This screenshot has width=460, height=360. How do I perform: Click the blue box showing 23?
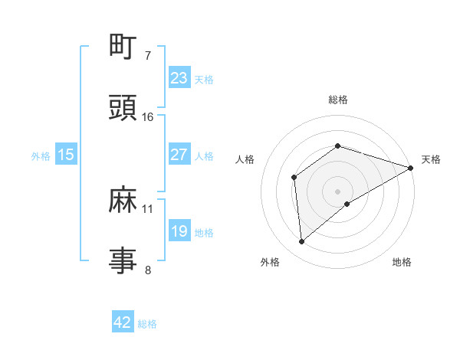179,77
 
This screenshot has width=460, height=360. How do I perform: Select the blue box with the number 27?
179,155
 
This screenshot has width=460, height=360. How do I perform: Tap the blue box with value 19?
179,231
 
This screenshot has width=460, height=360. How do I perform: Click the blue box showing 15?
66,155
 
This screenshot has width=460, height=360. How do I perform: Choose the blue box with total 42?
123,322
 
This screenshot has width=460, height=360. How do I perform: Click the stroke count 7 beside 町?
148,56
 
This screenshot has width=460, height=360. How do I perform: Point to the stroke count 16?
148,117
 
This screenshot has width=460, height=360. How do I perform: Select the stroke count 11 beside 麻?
148,208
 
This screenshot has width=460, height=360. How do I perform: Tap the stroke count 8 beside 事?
148,270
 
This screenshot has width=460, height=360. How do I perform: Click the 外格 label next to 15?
41,155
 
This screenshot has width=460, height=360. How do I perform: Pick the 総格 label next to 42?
147,324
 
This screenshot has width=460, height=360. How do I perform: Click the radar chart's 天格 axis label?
431,159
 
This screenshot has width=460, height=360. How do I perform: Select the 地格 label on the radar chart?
402,262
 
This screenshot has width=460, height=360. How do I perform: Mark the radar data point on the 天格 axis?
411,167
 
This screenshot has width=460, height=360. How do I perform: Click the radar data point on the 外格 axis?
302,242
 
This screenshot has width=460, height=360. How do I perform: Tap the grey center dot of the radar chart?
338,191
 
